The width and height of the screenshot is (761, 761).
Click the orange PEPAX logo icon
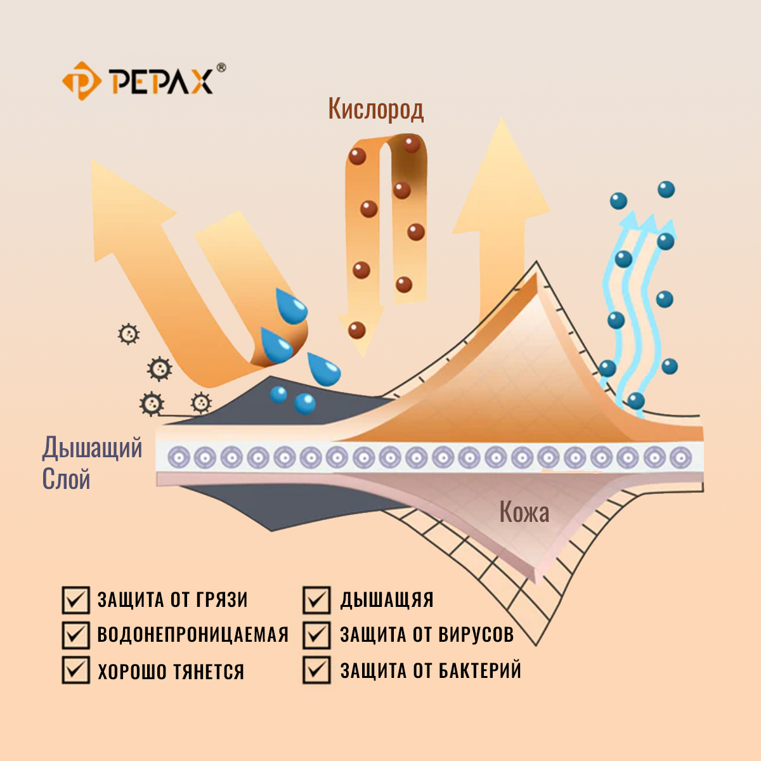tap(81, 81)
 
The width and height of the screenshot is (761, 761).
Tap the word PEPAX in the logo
tap(162, 81)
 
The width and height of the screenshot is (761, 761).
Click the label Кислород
tap(375, 109)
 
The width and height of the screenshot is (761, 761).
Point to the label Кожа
tap(524, 512)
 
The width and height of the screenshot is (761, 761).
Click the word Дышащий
tap(93, 448)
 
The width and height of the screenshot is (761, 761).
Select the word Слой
tap(66, 479)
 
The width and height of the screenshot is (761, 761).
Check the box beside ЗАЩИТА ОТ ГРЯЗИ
tap(75, 600)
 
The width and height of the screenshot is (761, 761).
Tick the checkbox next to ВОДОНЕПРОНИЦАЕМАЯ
tap(75, 635)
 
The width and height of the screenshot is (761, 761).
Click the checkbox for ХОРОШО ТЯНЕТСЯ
tap(75, 670)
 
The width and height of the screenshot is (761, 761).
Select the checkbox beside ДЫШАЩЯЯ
tap(316, 600)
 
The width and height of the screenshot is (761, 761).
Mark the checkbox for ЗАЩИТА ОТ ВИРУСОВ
tap(316, 635)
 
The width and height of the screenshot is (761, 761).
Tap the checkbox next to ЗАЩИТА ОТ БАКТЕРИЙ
tap(316, 670)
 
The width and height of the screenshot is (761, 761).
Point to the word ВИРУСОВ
tap(476, 634)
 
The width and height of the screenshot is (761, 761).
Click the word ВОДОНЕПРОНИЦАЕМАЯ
tap(193, 634)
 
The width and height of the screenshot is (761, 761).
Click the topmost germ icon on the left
tap(129, 334)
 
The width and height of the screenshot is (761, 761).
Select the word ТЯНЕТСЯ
tap(209, 672)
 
